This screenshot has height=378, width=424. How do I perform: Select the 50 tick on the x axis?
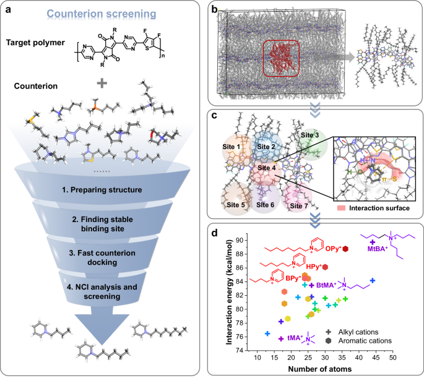point(392,358)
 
